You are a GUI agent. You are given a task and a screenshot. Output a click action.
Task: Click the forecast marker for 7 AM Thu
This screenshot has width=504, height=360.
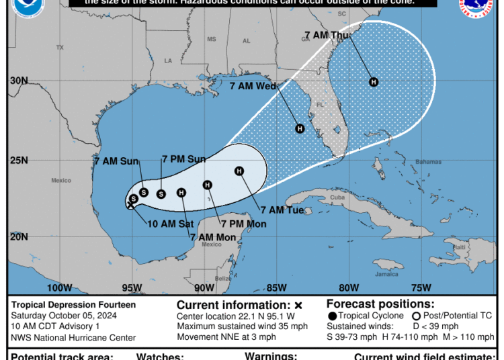(374, 82)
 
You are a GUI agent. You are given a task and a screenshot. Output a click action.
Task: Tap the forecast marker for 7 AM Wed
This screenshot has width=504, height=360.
(300, 128)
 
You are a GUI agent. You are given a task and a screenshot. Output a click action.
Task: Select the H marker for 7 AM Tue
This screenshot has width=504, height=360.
(239, 171)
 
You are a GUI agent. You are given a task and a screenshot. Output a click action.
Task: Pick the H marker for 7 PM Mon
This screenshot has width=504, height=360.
(208, 185)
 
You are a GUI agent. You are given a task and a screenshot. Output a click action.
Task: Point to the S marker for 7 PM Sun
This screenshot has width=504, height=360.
(161, 194)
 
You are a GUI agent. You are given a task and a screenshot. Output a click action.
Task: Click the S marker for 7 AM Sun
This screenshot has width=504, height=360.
(144, 192)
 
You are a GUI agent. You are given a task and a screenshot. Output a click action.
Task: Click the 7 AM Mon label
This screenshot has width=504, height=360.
(212, 237)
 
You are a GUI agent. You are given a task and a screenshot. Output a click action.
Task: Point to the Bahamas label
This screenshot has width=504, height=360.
(429, 163)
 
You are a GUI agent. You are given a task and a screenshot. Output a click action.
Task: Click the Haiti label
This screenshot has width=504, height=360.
(459, 247)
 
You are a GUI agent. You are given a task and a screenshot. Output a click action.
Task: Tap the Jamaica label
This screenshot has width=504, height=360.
(386, 274)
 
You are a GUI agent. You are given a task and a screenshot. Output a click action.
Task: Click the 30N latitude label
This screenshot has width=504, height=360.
(19, 81)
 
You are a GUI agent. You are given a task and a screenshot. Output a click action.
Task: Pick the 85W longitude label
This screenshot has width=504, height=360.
(276, 288)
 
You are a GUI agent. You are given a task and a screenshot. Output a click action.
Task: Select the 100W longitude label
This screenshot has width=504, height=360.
(59, 288)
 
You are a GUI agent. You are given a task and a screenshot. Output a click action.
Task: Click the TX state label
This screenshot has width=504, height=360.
(60, 47)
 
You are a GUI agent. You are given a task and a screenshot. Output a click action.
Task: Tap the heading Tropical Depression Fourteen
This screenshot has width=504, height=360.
(73, 304)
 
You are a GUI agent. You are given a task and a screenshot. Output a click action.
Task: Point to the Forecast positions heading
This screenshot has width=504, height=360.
(380, 304)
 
